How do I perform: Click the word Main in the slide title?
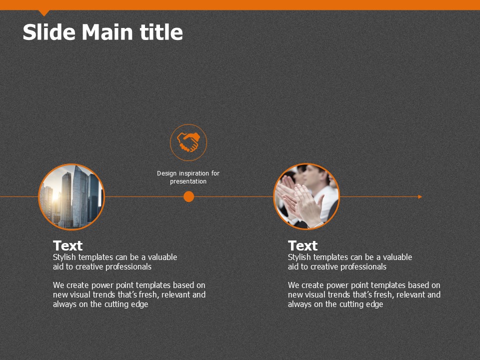pos(107,32)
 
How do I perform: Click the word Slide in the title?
pos(49,32)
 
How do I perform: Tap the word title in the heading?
pos(161,32)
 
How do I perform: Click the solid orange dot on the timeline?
pos(188,196)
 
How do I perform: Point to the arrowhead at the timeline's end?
pos(420,196)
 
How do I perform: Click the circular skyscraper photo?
pos(71,197)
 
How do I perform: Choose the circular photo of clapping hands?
pos(306,196)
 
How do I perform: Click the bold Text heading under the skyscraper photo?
pos(67,246)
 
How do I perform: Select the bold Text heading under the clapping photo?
pos(303,246)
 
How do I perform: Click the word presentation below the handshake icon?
pos(188,181)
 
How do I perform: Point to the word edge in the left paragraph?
pos(140,304)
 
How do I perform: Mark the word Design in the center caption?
pos(167,173)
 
